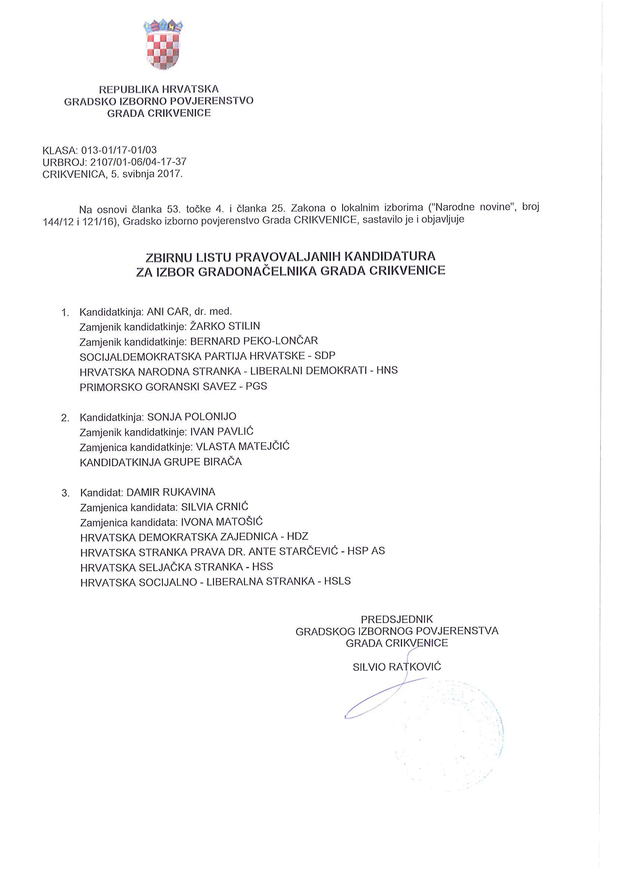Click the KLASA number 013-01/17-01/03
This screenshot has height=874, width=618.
click(x=119, y=150)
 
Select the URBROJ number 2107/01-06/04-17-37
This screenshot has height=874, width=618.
click(x=138, y=162)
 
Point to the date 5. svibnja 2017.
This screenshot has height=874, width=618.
click(x=146, y=174)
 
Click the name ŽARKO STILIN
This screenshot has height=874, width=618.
click(x=225, y=326)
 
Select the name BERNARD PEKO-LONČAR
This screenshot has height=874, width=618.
click(x=254, y=341)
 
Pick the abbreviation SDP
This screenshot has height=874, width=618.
click(x=325, y=356)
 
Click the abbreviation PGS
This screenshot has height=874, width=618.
click(x=256, y=386)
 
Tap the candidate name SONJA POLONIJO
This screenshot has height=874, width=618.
click(x=192, y=417)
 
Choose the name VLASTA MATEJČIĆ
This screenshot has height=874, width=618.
click(x=242, y=446)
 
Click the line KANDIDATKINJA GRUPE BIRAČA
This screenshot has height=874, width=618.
click(x=161, y=462)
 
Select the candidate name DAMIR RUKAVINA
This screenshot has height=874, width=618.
click(x=171, y=492)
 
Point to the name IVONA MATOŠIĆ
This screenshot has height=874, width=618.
click(x=222, y=522)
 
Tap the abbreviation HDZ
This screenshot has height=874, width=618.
click(x=297, y=537)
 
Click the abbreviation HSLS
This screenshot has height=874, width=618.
click(x=337, y=581)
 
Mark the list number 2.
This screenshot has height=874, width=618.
click(x=65, y=418)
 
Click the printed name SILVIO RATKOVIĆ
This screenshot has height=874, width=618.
click(x=396, y=667)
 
